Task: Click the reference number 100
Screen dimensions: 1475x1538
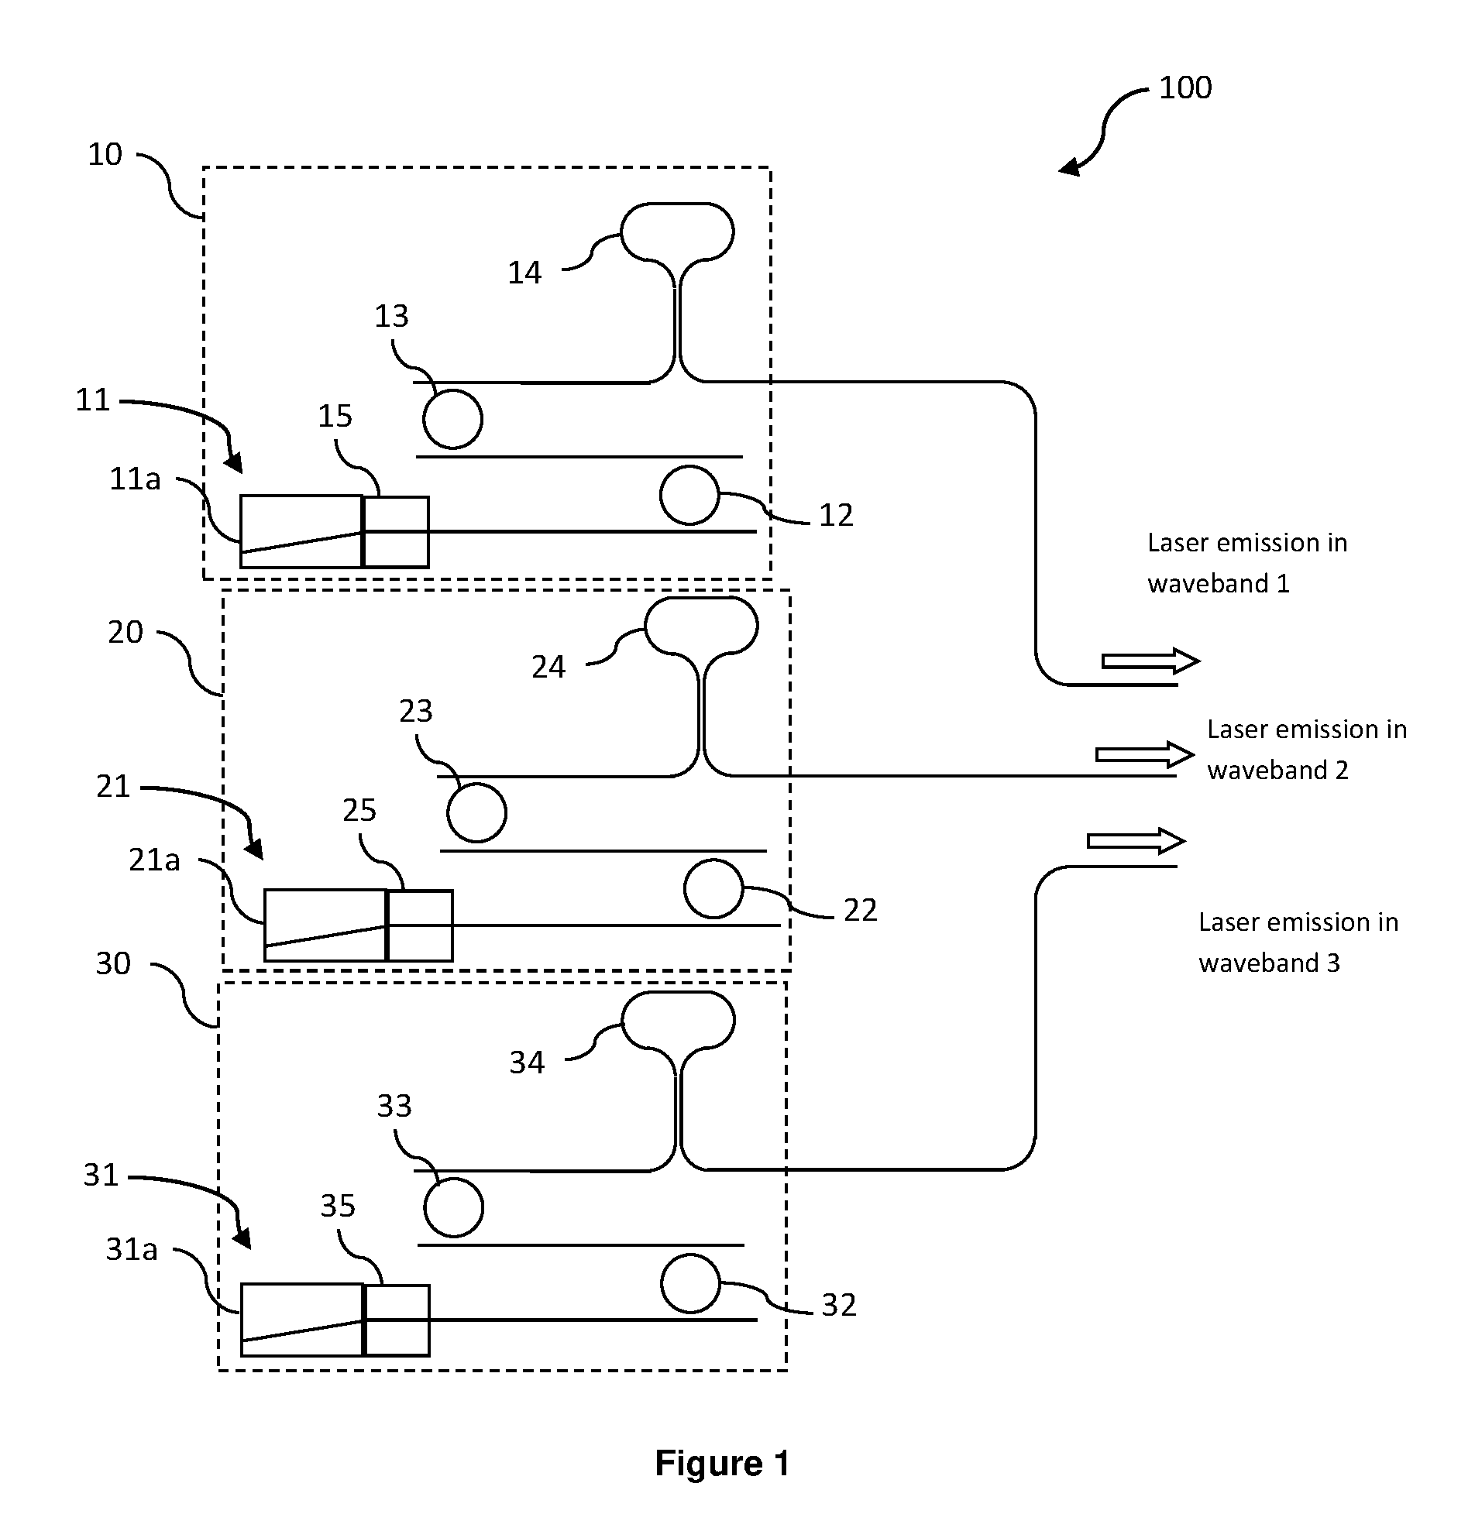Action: (1185, 87)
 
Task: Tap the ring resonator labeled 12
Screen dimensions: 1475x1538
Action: (690, 467)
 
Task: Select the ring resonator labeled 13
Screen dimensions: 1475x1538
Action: (453, 390)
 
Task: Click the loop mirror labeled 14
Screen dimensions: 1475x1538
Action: (677, 204)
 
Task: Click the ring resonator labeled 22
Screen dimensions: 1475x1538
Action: (713, 861)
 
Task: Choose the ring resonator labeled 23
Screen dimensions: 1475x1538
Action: (476, 784)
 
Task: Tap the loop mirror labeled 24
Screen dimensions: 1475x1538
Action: (701, 598)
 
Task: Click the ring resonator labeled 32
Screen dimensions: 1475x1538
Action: (691, 1255)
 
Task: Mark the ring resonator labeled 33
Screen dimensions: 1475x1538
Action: (454, 1179)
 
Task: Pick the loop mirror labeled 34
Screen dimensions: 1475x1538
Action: (678, 993)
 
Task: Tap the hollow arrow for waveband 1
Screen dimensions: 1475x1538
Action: (1151, 661)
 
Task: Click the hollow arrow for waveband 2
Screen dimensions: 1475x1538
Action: (1145, 754)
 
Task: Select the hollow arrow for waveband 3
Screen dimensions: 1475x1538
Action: (1136, 841)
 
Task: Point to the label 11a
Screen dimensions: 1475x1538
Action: (135, 479)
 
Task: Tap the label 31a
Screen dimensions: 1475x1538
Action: (132, 1249)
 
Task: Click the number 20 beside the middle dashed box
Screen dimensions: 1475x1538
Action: (125, 632)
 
